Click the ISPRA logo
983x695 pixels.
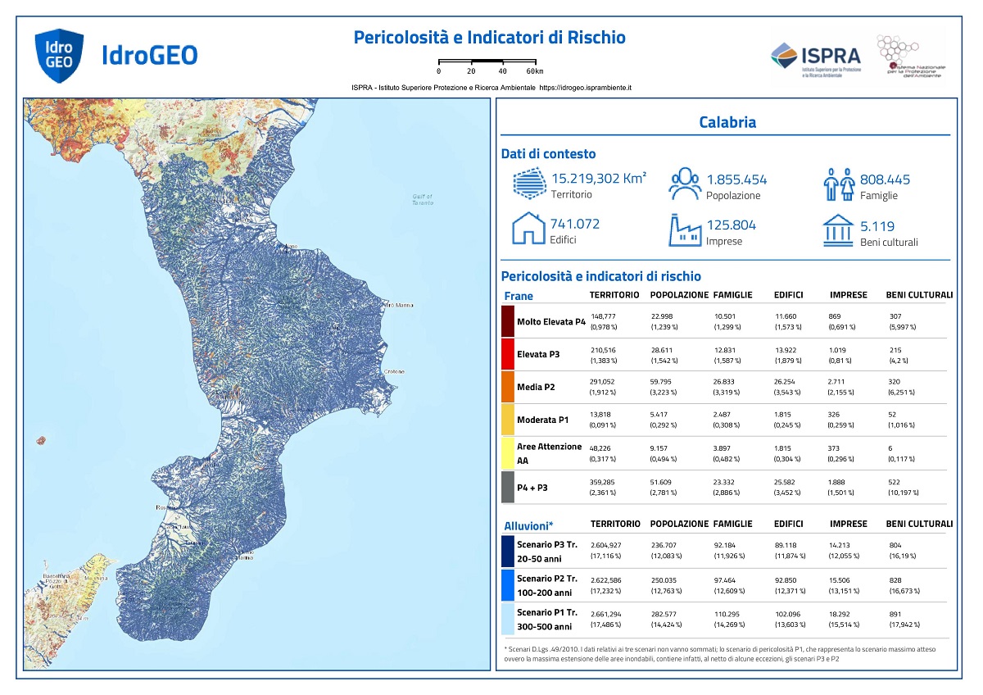816,57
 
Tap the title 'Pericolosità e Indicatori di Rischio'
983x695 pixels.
489,38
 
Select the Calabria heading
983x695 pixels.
727,123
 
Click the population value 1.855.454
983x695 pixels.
736,180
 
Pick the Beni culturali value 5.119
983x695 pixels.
877,226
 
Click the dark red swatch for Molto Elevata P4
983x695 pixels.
507,321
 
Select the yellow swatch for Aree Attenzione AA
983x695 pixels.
507,453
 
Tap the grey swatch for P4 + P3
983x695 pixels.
507,487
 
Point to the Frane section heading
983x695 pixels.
518,296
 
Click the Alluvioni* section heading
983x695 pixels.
528,525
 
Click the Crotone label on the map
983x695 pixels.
395,371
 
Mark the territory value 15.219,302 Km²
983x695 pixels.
598,179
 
